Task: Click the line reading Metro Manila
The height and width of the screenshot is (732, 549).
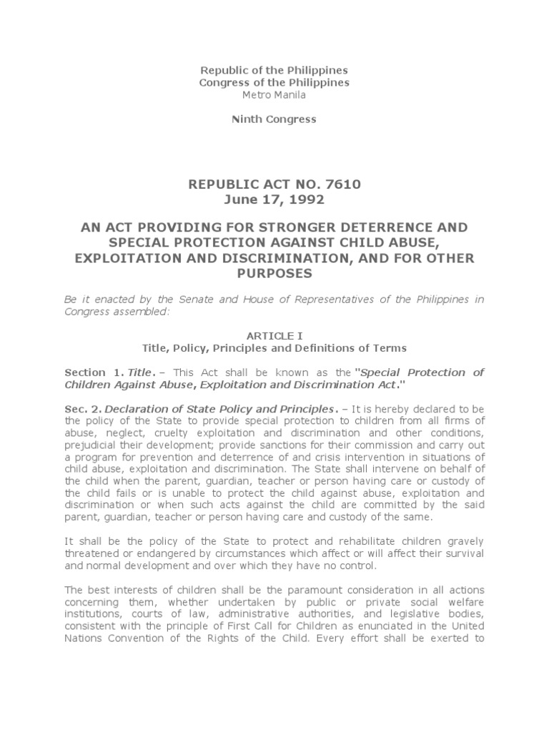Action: tap(274, 94)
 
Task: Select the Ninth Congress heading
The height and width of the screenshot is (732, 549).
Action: tap(274, 119)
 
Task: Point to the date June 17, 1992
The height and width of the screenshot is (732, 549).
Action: tap(274, 199)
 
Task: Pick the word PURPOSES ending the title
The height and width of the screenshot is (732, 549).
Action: tap(274, 272)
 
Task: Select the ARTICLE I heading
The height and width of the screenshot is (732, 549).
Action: tap(274, 335)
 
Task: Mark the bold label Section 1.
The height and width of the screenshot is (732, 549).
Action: tap(94, 372)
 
